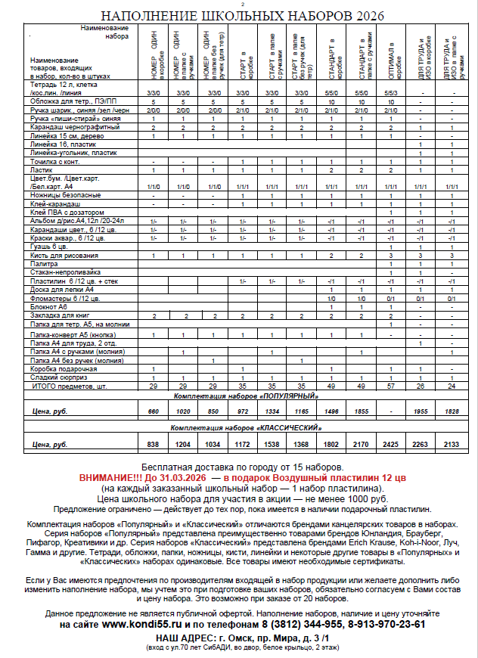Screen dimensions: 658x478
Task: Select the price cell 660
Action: coord(154,411)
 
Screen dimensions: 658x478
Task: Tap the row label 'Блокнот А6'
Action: coord(49,307)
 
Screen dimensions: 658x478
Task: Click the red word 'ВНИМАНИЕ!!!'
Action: coord(108,479)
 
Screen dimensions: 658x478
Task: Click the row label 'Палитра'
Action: coord(46,263)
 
